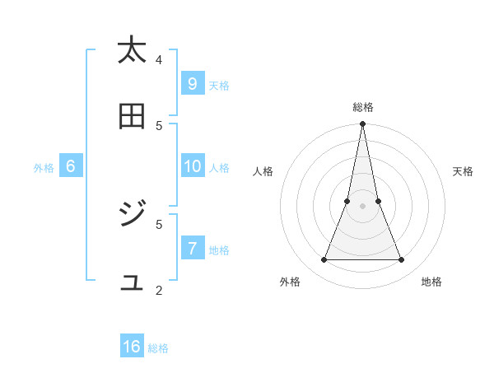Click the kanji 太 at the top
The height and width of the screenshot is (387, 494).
[x=132, y=51]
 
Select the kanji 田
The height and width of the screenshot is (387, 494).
[x=132, y=117]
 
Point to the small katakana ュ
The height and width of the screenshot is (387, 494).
[x=133, y=283]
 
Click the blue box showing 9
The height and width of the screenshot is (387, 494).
[x=192, y=83]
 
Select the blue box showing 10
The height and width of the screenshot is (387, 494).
[x=192, y=166]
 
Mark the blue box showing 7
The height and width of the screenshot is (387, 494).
[x=192, y=248]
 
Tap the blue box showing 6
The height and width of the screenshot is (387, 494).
[x=71, y=166]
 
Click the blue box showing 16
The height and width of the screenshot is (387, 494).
[x=132, y=347]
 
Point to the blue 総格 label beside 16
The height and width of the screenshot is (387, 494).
[x=158, y=348]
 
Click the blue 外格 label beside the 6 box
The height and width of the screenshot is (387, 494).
[x=44, y=168]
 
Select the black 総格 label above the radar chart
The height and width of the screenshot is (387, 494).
[x=363, y=107]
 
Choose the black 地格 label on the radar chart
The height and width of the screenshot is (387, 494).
[x=431, y=282]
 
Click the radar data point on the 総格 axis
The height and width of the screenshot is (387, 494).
[x=363, y=124]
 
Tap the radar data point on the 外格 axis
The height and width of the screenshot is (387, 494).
[x=324, y=260]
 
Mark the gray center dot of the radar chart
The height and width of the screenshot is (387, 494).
[x=363, y=207]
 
